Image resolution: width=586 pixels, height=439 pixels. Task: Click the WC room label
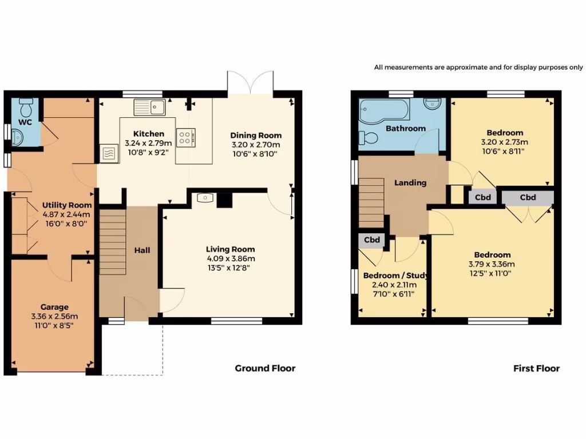click(25, 122)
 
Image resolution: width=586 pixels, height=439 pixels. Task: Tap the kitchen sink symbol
click(149, 107)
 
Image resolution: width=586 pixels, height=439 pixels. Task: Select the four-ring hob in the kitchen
click(185, 137)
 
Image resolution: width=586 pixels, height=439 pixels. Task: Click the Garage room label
click(54, 307)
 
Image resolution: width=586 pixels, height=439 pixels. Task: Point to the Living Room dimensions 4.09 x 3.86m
click(231, 258)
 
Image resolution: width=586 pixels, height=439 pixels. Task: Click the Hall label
click(142, 250)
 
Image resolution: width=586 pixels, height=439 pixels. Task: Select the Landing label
click(410, 183)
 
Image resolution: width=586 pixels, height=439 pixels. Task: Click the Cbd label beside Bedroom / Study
click(373, 240)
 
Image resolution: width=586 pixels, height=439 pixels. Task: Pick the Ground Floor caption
click(265, 368)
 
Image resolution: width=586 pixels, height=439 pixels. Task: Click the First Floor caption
click(536, 368)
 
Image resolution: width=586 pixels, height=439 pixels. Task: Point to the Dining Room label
click(256, 135)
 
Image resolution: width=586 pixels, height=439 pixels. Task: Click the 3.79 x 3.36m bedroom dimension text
click(492, 264)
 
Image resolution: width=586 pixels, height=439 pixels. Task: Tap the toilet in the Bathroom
click(367, 137)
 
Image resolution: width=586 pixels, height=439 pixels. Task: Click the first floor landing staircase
click(371, 203)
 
